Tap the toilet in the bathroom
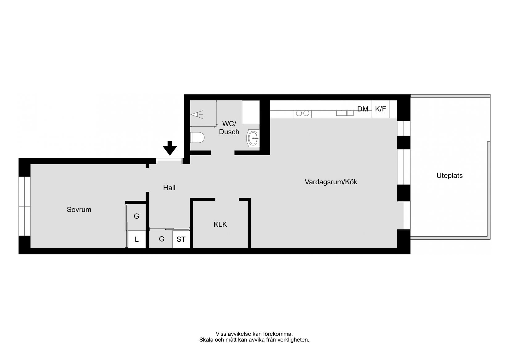197,137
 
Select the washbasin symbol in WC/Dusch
254,138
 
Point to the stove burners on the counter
302,113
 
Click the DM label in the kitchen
363,109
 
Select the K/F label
380,109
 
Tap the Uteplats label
449,176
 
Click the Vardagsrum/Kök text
331,182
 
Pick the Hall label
169,188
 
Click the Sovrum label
79,210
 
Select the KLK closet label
220,224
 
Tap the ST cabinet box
181,239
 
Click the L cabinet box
137,239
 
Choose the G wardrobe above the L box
136,216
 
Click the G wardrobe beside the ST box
161,239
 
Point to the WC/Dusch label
229,128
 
